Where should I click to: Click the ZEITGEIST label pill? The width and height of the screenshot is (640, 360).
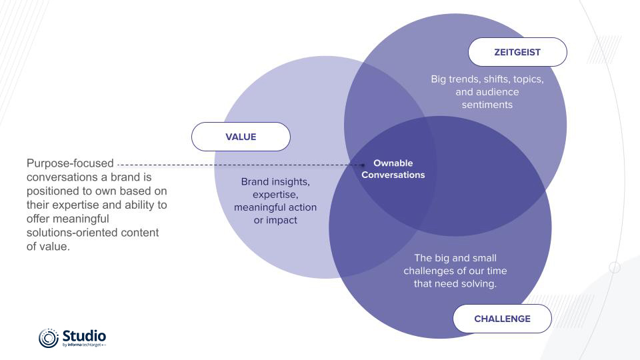tap(517, 52)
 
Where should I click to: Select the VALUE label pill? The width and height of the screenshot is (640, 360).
tap(241, 137)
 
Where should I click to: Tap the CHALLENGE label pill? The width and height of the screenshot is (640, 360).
tap(502, 319)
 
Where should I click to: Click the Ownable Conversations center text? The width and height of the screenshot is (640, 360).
tap(399, 169)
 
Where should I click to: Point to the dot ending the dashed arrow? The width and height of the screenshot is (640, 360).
tap(363, 164)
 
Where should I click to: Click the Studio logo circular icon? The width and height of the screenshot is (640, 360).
tap(49, 338)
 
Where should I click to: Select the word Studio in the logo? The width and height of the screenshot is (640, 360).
tap(84, 335)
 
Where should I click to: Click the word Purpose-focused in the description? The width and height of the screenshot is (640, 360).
tap(70, 163)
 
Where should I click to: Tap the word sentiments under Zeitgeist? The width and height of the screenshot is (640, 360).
tap(487, 105)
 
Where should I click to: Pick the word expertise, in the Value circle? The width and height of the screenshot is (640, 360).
tap(275, 194)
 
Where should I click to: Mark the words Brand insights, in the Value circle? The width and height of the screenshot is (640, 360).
tap(275, 181)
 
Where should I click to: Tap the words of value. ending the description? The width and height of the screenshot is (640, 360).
tap(48, 246)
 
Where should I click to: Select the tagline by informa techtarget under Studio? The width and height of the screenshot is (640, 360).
tap(84, 345)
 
